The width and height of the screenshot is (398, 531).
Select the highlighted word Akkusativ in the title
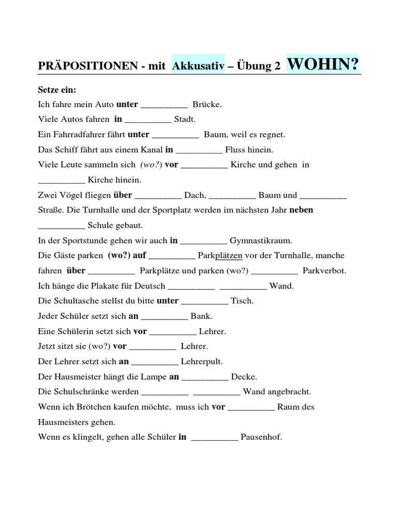pos(198,66)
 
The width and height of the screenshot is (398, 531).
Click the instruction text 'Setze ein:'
pos(57,90)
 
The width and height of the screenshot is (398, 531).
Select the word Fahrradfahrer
pos(77,135)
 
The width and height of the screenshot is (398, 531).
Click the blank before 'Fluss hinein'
pos(199,151)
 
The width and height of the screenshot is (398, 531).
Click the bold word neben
pos(301,210)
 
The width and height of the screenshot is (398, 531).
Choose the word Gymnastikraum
pos(261,241)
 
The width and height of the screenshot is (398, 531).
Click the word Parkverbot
pos(324,271)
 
